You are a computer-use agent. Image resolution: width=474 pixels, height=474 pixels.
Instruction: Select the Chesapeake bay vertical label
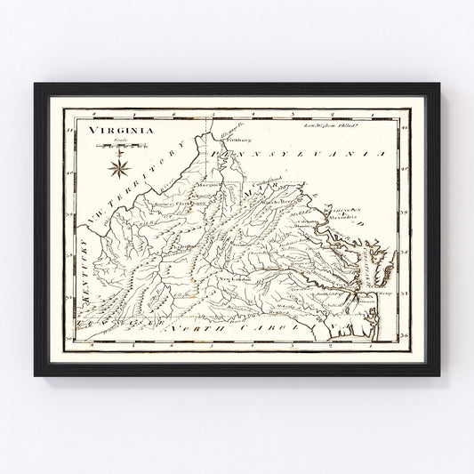point(364,264)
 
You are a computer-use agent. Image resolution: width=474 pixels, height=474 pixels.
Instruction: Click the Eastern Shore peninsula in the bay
point(378,267)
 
